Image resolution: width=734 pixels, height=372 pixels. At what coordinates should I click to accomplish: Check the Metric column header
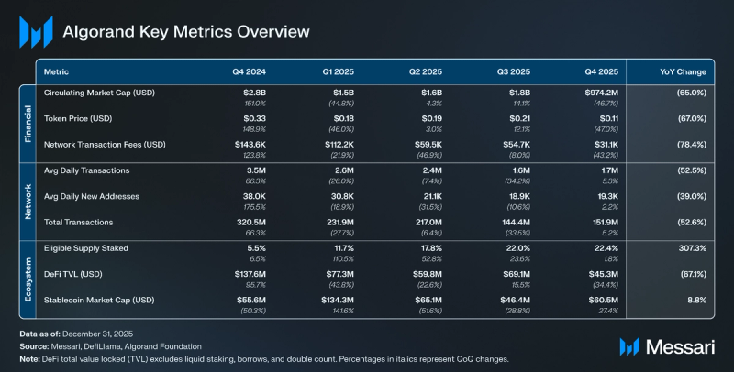57,71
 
